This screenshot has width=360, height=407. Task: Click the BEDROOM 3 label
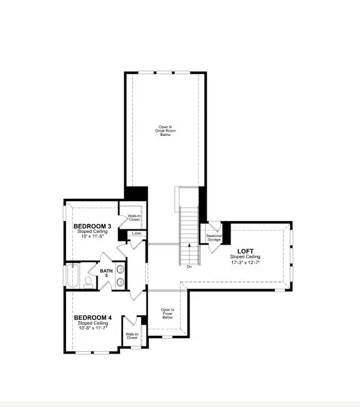coord(92,226)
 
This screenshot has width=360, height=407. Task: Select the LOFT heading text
coord(245,251)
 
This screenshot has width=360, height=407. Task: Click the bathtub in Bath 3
coord(74,276)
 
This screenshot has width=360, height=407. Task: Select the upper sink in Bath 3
coord(121,270)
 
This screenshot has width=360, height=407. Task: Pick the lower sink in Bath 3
coord(121,282)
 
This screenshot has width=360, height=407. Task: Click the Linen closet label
coord(136,233)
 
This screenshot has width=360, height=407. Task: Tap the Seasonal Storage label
coord(214,238)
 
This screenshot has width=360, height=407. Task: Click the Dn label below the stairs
coord(189,266)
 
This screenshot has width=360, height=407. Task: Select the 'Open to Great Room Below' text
coord(165,131)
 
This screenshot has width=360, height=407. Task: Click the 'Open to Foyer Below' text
coord(168,312)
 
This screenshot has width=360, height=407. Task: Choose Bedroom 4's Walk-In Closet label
coord(132,336)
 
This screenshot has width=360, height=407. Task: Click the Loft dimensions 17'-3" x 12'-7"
coord(245,262)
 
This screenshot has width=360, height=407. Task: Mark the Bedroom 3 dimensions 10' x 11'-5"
coord(92,236)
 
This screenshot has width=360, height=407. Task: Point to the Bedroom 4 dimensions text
coord(92,328)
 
